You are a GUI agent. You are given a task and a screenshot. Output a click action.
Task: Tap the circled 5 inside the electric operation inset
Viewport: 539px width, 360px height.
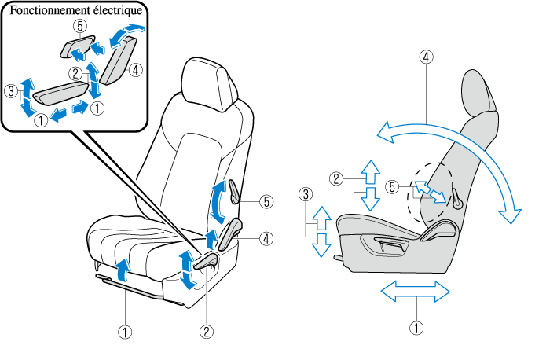tap(80, 26)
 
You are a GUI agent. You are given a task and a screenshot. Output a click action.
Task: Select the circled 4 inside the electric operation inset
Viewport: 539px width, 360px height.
tap(136, 70)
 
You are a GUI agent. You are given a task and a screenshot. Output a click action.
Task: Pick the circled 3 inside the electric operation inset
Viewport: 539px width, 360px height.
tap(11, 92)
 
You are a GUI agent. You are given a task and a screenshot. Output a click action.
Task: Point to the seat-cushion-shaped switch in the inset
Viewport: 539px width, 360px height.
tap(61, 93)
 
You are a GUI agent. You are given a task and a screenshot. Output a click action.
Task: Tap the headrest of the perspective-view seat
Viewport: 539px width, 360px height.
tap(210, 84)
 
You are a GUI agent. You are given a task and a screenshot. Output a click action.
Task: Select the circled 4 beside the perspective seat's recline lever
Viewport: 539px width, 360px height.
tap(267, 238)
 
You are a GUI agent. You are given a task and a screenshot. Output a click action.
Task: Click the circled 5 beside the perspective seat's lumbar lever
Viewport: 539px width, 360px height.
tap(267, 201)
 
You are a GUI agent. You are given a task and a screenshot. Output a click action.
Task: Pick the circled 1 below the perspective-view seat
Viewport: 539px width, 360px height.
tap(125, 332)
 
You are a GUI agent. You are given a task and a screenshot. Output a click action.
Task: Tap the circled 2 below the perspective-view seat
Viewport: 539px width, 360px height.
tap(207, 332)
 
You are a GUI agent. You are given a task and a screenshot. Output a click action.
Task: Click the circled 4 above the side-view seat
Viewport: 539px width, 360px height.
tap(426, 57)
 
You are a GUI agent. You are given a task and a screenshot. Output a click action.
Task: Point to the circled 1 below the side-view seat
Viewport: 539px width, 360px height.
tap(416, 328)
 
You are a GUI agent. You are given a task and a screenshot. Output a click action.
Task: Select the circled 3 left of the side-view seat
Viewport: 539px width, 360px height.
tap(306, 194)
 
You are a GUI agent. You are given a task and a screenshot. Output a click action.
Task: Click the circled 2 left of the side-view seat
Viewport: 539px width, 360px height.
tap(336, 178)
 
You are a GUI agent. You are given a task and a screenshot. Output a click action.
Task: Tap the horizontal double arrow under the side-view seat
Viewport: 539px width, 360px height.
tap(415, 292)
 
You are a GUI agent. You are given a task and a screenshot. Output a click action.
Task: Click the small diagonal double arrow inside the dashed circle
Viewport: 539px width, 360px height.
tap(430, 192)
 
